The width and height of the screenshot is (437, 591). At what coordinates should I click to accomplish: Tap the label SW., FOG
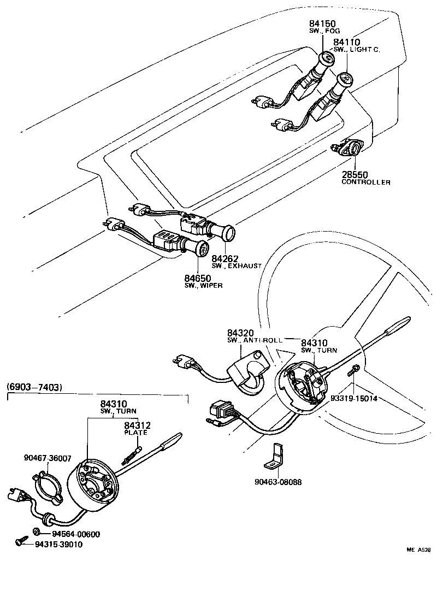pyautogui.click(x=325, y=31)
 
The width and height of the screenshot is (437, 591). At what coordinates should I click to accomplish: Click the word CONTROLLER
pyautogui.click(x=366, y=182)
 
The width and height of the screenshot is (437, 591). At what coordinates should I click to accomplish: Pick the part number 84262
pyautogui.click(x=225, y=258)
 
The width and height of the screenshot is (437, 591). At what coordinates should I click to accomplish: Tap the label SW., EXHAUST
pyautogui.click(x=237, y=265)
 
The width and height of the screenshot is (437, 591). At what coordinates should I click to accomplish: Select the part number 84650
pyautogui.click(x=198, y=278)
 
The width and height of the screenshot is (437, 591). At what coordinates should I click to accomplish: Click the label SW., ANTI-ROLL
pyautogui.click(x=255, y=340)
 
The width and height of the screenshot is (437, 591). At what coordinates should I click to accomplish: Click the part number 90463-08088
pyautogui.click(x=279, y=482)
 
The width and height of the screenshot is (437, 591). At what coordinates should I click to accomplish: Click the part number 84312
pyautogui.click(x=137, y=425)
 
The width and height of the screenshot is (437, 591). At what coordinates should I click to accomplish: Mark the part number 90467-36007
pyautogui.click(x=48, y=458)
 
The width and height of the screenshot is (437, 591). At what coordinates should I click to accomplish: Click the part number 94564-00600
pyautogui.click(x=76, y=534)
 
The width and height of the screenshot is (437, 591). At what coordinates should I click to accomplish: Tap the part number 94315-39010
pyautogui.click(x=59, y=544)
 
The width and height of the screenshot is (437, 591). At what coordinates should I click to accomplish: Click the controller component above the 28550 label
pyautogui.click(x=350, y=147)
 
